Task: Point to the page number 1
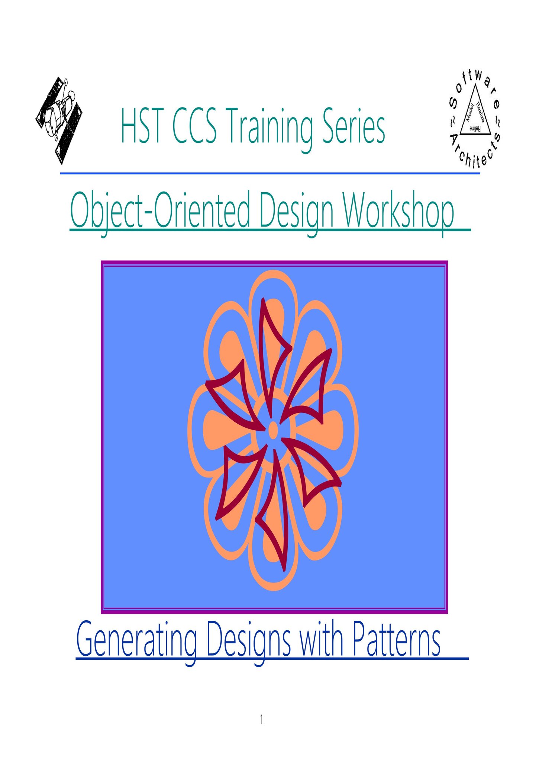(262, 720)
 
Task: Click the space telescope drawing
(59, 120)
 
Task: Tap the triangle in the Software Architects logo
(475, 110)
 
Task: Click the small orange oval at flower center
(273, 430)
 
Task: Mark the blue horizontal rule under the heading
(270, 173)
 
